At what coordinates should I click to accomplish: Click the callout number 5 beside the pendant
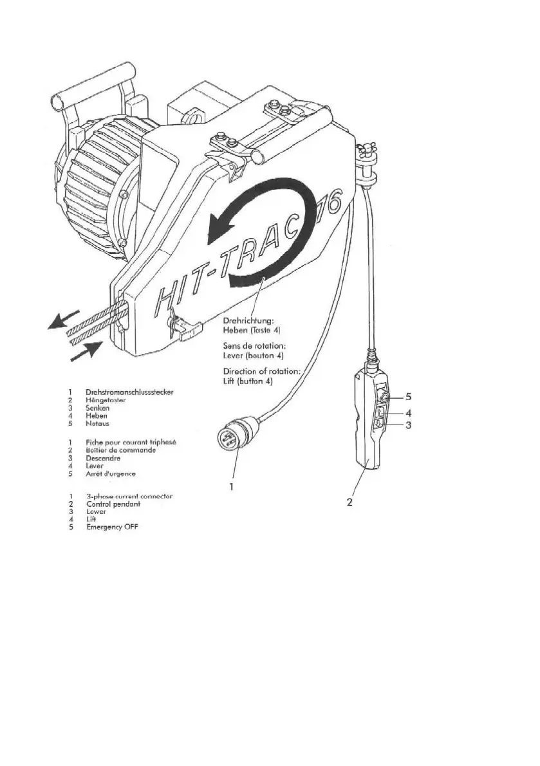click(x=407, y=396)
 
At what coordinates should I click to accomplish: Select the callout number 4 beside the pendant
click(x=408, y=412)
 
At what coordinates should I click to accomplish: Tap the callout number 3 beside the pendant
click(x=408, y=425)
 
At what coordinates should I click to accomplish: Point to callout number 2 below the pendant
click(x=349, y=502)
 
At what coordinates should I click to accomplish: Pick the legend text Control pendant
click(x=113, y=504)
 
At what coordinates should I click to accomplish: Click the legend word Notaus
click(x=99, y=424)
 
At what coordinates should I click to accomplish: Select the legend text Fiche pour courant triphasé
click(x=131, y=442)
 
